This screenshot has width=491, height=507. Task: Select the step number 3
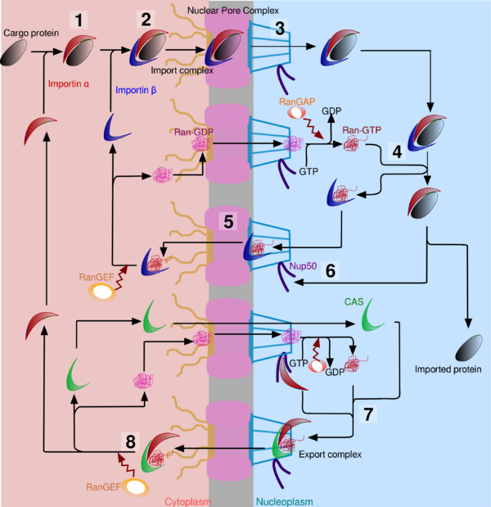pos(280,28)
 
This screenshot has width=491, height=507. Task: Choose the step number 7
pos(367,414)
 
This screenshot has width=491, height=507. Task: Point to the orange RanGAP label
pos(297,99)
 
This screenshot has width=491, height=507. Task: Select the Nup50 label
pos(304,266)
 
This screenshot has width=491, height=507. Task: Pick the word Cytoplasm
pos(191,500)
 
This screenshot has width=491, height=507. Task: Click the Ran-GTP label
pos(363,129)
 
